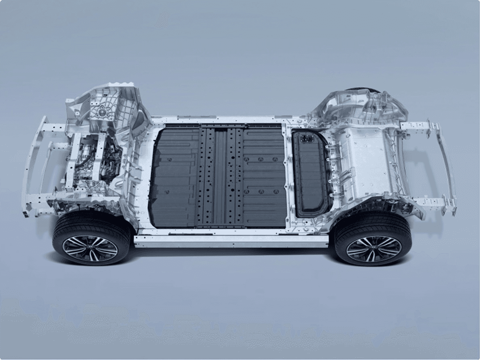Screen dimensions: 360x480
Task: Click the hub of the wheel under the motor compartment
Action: tap(90, 249)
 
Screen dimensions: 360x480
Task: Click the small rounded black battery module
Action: tap(311, 174)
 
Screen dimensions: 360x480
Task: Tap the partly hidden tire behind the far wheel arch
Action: tap(362, 89)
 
